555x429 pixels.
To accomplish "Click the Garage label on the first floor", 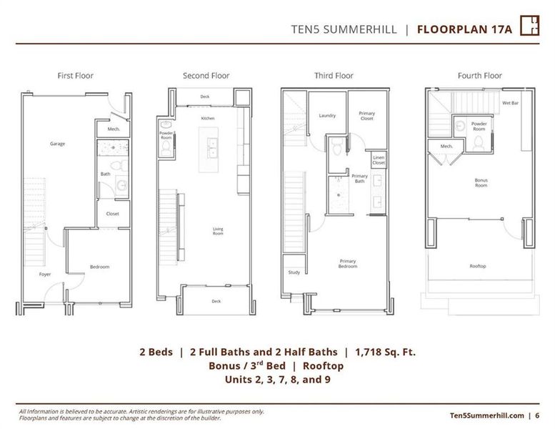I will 57,144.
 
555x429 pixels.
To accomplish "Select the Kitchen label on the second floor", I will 207,118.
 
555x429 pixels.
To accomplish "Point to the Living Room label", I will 219,231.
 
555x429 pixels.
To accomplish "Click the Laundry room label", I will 327,115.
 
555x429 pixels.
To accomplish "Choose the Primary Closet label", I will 366,116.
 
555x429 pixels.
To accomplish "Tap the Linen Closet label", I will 378,161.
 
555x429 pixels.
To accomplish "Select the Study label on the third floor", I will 294,272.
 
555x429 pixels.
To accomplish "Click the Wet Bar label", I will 510,103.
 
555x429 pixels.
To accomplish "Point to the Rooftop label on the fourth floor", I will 478,266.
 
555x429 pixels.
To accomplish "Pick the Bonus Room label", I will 481,183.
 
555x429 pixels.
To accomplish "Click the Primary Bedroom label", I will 347,264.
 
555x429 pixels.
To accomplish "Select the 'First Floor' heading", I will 75,75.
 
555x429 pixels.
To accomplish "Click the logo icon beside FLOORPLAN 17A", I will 529,25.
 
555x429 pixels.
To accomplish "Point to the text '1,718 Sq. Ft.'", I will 385,351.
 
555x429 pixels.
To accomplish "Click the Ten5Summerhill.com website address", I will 487,415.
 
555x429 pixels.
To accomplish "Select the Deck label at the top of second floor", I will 205,96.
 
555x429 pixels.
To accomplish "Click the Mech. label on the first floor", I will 114,129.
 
